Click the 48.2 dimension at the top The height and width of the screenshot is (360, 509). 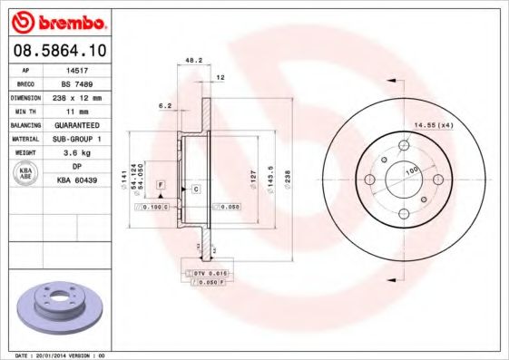[x=192, y=60]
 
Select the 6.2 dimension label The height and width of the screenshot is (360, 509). [x=165, y=106]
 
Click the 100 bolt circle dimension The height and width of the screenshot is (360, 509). [x=412, y=170]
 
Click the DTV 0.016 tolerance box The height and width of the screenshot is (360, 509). [x=208, y=272]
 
